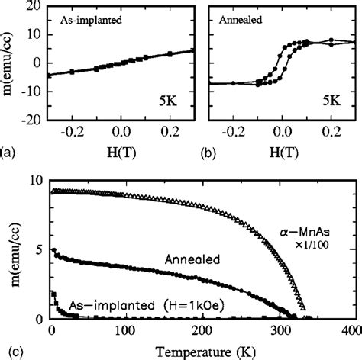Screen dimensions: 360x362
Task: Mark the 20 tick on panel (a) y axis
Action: (35, 7)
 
